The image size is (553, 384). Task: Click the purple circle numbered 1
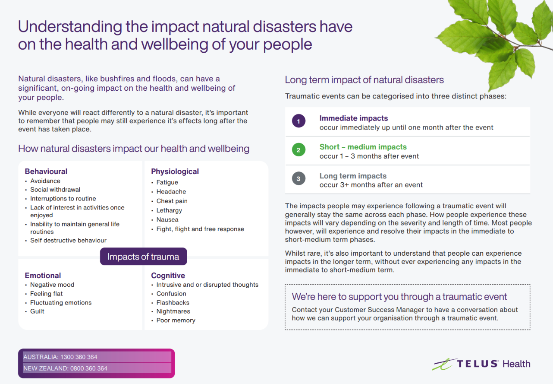298,121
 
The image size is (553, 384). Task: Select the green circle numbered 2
298,150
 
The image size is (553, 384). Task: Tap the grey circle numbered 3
298,178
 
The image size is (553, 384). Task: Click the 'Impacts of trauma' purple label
143,257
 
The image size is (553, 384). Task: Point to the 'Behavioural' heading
46,171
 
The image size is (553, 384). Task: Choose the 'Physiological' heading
175,171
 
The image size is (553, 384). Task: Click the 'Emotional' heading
43,276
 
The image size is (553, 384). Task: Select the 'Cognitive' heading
168,276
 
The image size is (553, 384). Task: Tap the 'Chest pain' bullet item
172,201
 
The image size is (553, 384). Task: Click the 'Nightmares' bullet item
173,311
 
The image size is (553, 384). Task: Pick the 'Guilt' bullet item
37,311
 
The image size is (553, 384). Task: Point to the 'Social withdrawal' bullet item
55,190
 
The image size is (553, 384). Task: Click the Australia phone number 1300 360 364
79,357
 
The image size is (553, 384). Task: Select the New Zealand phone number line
65,368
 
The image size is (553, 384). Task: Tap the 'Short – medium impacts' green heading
363,147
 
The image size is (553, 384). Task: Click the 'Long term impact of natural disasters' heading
364,80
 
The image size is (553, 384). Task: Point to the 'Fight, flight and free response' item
200,229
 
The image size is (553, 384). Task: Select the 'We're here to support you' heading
399,297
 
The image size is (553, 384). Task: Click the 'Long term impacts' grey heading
353,176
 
